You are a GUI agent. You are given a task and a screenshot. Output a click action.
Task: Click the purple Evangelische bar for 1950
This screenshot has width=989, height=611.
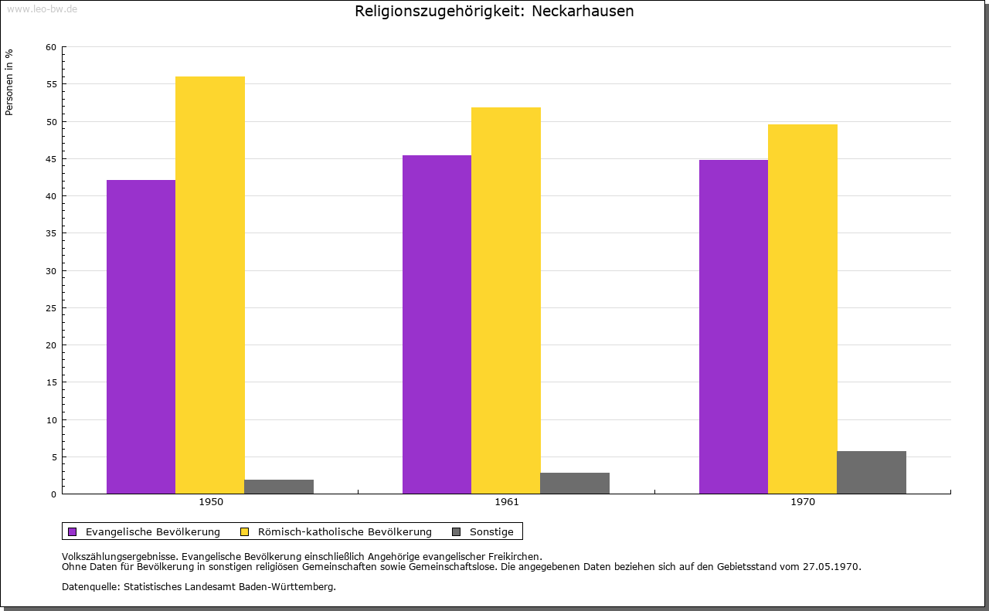click(141, 337)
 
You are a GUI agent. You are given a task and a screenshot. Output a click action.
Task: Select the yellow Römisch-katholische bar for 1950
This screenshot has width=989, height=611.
click(210, 285)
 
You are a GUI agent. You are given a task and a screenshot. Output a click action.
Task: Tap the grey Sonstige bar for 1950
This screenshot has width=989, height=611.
click(279, 487)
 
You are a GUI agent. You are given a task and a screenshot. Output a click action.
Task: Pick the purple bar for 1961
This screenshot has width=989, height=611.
click(437, 324)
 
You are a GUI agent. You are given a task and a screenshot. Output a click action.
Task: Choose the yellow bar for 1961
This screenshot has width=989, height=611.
click(506, 300)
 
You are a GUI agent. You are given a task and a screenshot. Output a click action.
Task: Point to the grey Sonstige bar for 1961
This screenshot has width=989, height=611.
click(575, 484)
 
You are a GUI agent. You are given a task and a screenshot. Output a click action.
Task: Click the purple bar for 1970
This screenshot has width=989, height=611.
click(733, 327)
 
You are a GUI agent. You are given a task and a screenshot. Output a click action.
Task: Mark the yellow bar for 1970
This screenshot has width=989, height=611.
click(802, 309)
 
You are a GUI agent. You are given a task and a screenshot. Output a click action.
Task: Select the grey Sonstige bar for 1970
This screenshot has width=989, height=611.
click(872, 473)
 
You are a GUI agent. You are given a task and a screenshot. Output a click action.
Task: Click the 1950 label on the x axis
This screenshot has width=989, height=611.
click(211, 502)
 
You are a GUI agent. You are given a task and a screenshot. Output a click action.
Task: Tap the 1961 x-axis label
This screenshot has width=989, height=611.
click(507, 502)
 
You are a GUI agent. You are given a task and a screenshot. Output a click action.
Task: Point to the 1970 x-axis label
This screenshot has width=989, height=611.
click(803, 502)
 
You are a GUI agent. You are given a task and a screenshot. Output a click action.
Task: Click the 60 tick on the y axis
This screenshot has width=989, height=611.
click(51, 47)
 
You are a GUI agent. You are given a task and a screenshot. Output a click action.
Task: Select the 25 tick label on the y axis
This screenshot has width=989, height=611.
click(51, 308)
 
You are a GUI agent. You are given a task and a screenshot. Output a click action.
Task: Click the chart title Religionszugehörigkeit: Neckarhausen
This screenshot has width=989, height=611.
click(494, 12)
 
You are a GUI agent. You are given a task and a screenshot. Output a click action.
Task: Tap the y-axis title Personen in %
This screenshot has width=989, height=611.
click(9, 82)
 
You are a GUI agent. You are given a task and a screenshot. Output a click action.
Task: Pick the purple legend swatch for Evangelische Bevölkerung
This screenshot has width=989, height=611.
click(73, 531)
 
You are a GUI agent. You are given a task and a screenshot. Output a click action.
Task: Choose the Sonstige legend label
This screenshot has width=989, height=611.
click(491, 531)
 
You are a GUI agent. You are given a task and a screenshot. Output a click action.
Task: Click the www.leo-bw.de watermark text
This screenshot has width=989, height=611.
click(42, 8)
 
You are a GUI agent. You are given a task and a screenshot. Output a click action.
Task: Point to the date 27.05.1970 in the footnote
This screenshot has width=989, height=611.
click(833, 566)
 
